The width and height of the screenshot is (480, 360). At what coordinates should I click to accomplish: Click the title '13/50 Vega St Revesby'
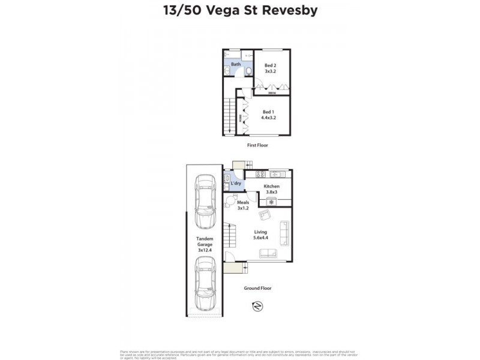pyautogui.click(x=240, y=11)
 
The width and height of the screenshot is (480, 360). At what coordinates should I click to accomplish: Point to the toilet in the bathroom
pyautogui.click(x=248, y=71)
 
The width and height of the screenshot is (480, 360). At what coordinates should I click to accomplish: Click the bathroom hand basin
pyautogui.click(x=226, y=71)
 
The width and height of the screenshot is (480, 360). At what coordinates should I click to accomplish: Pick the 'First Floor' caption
pyautogui.click(x=257, y=145)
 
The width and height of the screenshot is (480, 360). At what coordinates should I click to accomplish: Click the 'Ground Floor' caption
pyautogui.click(x=257, y=288)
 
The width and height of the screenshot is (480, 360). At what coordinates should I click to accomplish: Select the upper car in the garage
pyautogui.click(x=205, y=201)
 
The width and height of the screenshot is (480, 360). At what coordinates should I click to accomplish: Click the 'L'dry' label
pyautogui.click(x=236, y=183)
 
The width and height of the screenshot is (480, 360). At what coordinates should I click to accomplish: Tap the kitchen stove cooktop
pyautogui.click(x=260, y=175)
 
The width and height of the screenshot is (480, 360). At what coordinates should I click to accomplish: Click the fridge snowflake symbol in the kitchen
pyautogui.click(x=271, y=202)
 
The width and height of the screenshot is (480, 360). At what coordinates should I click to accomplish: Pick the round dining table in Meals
pyautogui.click(x=231, y=202)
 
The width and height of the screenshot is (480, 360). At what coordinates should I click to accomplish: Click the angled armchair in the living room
pyautogui.click(x=264, y=215)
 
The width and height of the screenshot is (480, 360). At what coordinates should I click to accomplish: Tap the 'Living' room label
pyautogui.click(x=260, y=233)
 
